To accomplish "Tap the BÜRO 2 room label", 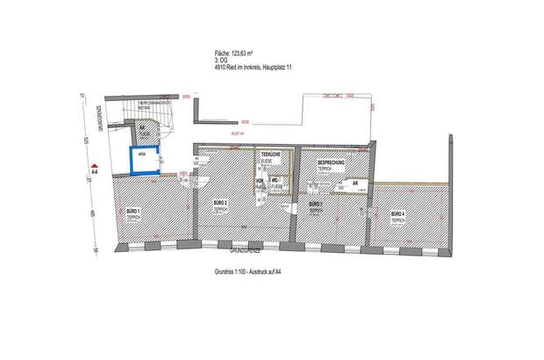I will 220,203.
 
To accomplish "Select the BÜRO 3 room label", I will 316,204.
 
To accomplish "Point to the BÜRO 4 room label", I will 397,213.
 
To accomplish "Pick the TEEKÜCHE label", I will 271,154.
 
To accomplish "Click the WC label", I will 275,180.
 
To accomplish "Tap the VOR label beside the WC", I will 260,181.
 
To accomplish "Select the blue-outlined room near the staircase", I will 144,162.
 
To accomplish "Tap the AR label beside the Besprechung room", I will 354,183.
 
